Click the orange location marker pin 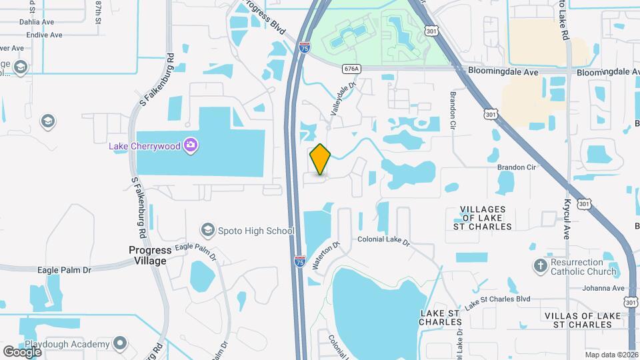321,159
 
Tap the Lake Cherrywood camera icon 191,145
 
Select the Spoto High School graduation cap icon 207,231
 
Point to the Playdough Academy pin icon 120,344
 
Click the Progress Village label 147,255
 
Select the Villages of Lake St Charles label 486,218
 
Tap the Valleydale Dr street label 343,96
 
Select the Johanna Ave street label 602,289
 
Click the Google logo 22,351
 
